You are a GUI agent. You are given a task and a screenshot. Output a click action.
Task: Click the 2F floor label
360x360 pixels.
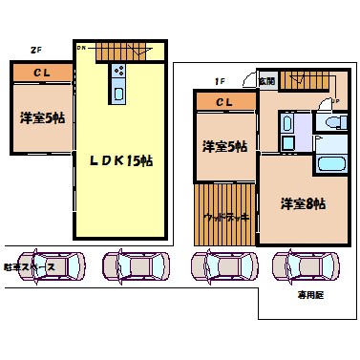pyautogui.click(x=35, y=50)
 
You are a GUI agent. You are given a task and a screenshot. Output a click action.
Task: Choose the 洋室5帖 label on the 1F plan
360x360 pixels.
pyautogui.click(x=224, y=146)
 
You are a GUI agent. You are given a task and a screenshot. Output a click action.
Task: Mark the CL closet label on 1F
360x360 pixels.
pyautogui.click(x=222, y=102)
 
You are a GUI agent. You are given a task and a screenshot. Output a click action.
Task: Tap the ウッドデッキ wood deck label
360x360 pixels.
pyautogui.click(x=226, y=216)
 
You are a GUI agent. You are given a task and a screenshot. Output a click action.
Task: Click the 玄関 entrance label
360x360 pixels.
pyautogui.click(x=265, y=82)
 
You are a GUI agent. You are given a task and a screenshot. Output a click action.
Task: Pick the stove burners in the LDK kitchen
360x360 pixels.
pyautogui.click(x=119, y=71)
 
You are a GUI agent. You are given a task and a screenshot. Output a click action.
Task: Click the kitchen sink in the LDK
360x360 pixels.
pyautogui.click(x=119, y=92)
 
